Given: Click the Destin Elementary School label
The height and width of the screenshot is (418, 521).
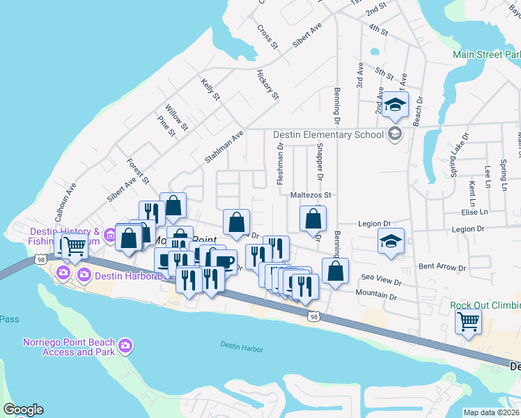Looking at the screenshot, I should (329, 134).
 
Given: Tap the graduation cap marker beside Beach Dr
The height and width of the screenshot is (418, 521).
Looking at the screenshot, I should (396, 104).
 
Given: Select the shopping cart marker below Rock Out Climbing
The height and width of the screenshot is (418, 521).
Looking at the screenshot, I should (468, 323).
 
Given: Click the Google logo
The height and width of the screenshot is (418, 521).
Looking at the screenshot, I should (23, 410).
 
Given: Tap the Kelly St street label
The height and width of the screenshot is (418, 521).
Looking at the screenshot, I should (210, 89).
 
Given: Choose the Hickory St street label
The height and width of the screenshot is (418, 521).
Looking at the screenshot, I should (267, 84).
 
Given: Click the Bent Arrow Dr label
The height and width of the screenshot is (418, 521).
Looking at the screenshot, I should (442, 267).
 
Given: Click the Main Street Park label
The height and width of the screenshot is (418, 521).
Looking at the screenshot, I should (486, 54).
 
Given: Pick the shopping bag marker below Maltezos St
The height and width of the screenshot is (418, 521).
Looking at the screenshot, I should (313, 219).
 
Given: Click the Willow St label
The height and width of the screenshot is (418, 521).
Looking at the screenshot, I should (176, 117).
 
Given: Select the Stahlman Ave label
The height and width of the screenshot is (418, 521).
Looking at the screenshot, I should (224, 147).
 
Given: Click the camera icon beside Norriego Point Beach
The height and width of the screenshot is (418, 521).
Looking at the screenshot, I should (125, 345).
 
